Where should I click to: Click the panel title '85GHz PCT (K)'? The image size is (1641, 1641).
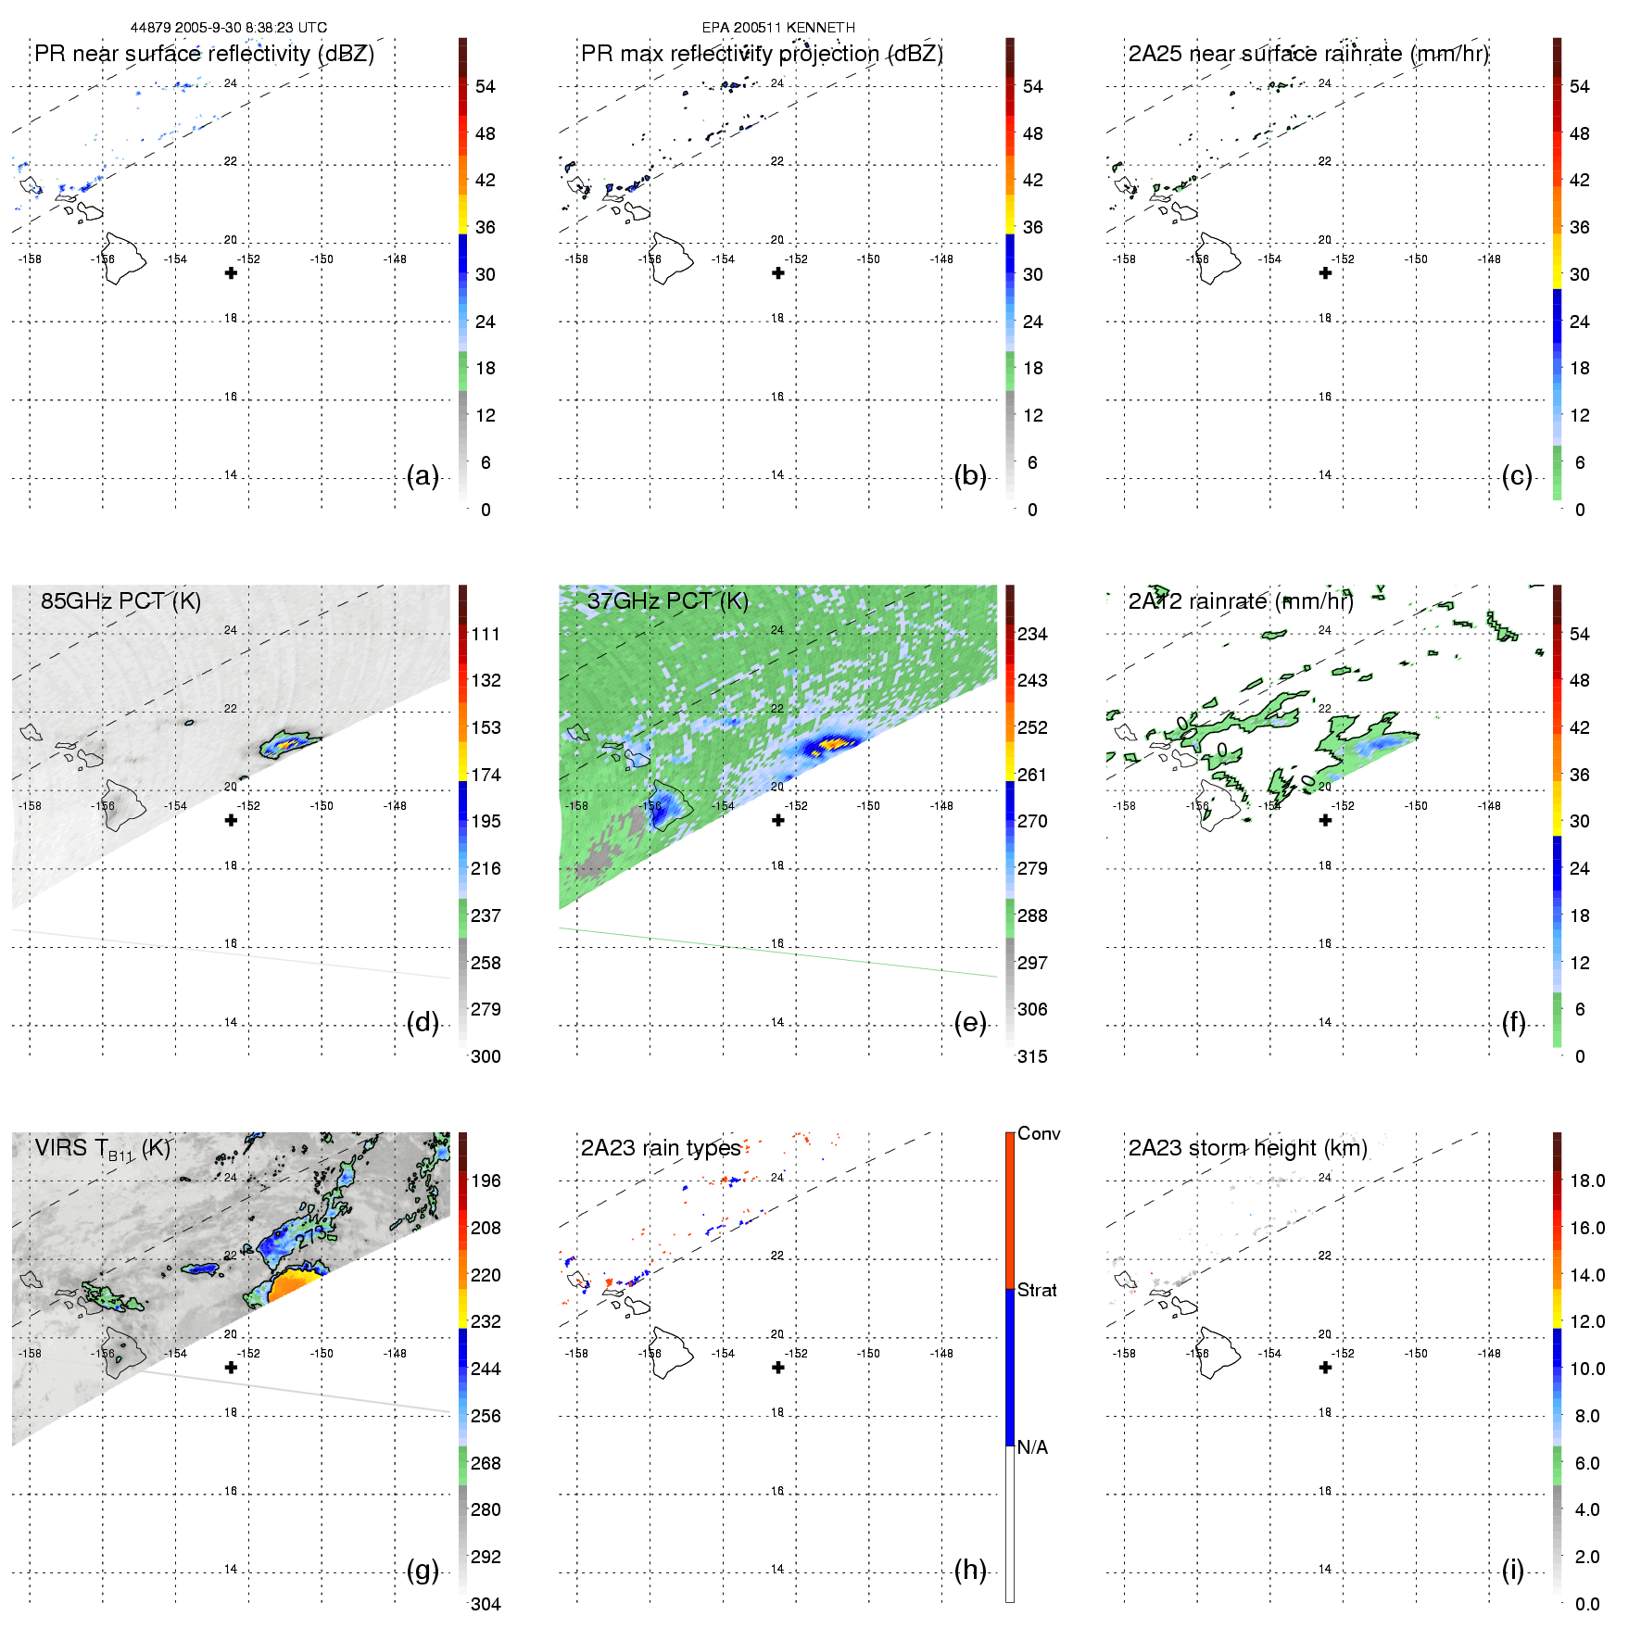click(x=120, y=600)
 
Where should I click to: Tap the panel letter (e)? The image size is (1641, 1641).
click(x=969, y=1022)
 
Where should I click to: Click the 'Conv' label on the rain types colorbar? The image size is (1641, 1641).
click(x=1039, y=1133)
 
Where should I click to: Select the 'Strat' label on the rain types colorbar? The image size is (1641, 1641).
click(x=1037, y=1290)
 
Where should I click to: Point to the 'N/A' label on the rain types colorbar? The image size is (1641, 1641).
click(x=1032, y=1447)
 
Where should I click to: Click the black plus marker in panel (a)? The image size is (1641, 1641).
click(x=231, y=272)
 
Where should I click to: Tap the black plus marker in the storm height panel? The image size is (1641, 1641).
click(x=1325, y=1368)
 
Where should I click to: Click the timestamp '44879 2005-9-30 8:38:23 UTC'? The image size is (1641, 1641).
click(x=228, y=28)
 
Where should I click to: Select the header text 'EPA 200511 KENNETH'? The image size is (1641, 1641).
click(x=778, y=28)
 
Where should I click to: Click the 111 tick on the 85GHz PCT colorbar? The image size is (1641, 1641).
click(x=486, y=634)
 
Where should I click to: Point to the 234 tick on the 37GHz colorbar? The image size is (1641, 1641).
click(x=1032, y=634)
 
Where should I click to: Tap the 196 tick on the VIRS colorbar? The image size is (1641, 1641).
click(x=486, y=1180)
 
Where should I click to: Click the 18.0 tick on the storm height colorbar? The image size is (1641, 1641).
click(x=1587, y=1180)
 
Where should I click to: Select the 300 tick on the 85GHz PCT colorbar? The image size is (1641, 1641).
click(x=486, y=1056)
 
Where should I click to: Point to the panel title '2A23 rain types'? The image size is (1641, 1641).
click(x=661, y=1148)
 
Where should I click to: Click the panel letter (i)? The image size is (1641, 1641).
click(x=1512, y=1570)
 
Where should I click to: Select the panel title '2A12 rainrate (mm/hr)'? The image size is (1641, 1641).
click(x=1241, y=600)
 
